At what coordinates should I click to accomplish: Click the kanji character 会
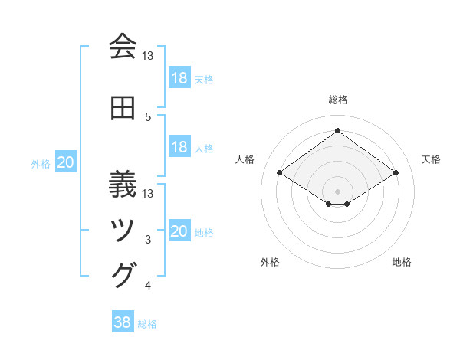(123, 47)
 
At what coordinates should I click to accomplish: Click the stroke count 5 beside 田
(148, 117)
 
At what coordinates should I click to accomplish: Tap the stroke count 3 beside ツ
(148, 241)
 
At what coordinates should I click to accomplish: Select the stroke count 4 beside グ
(148, 286)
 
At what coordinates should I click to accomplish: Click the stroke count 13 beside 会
(148, 56)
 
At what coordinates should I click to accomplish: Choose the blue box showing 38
(123, 323)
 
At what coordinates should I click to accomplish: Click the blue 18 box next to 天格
(179, 78)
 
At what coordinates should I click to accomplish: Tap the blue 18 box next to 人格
(179, 147)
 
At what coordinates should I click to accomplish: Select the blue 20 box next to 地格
(179, 231)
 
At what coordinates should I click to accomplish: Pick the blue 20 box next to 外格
(66, 162)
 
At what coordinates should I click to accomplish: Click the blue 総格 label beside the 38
(148, 324)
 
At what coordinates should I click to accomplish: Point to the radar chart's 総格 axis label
(338, 100)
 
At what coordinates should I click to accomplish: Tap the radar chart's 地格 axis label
(402, 262)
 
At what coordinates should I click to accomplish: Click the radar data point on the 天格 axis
(396, 173)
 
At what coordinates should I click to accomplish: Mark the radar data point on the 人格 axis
(280, 173)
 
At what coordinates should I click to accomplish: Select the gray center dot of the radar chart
(338, 191)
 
